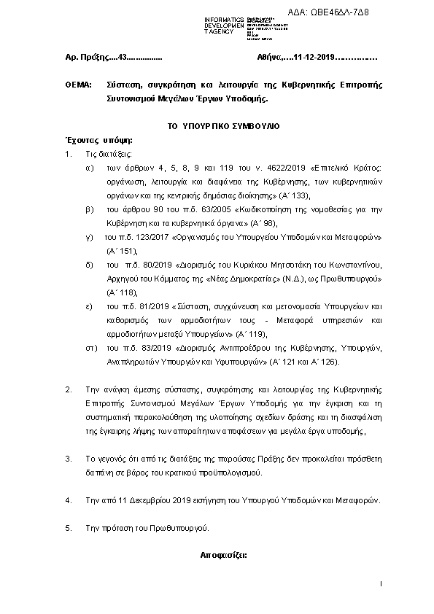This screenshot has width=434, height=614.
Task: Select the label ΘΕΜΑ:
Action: tap(78, 86)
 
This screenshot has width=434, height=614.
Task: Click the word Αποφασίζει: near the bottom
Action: tap(224, 554)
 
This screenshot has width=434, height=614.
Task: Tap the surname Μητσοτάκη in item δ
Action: tap(267, 265)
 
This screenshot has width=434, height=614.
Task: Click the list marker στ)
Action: tap(91, 349)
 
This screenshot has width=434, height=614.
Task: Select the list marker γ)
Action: tap(89, 238)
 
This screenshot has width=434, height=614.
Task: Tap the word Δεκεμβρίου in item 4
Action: tap(149, 500)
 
